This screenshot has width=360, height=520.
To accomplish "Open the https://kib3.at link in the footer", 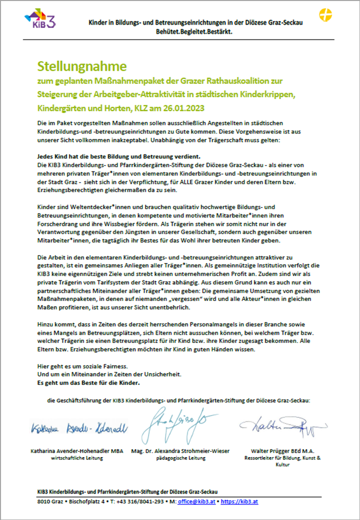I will [239, 501].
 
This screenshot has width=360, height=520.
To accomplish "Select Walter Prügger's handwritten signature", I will [282, 426].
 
